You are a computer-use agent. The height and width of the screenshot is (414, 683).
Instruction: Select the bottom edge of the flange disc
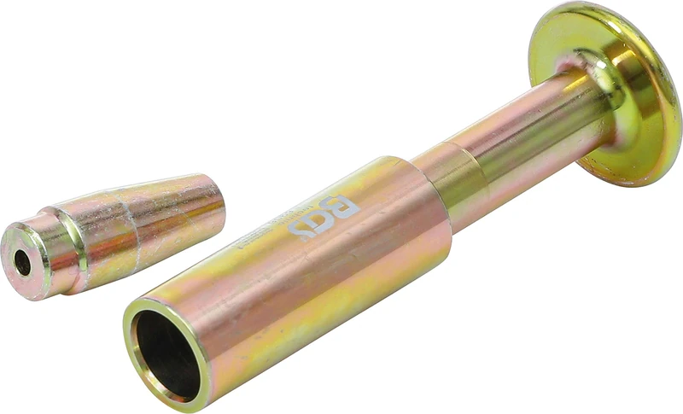click(x=632, y=181)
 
